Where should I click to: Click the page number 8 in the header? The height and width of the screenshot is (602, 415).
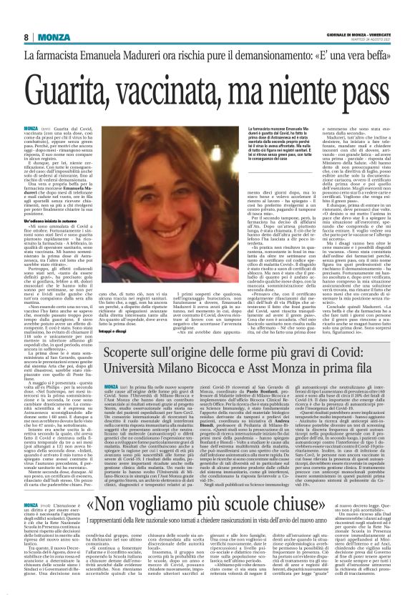[x=25, y=36]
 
